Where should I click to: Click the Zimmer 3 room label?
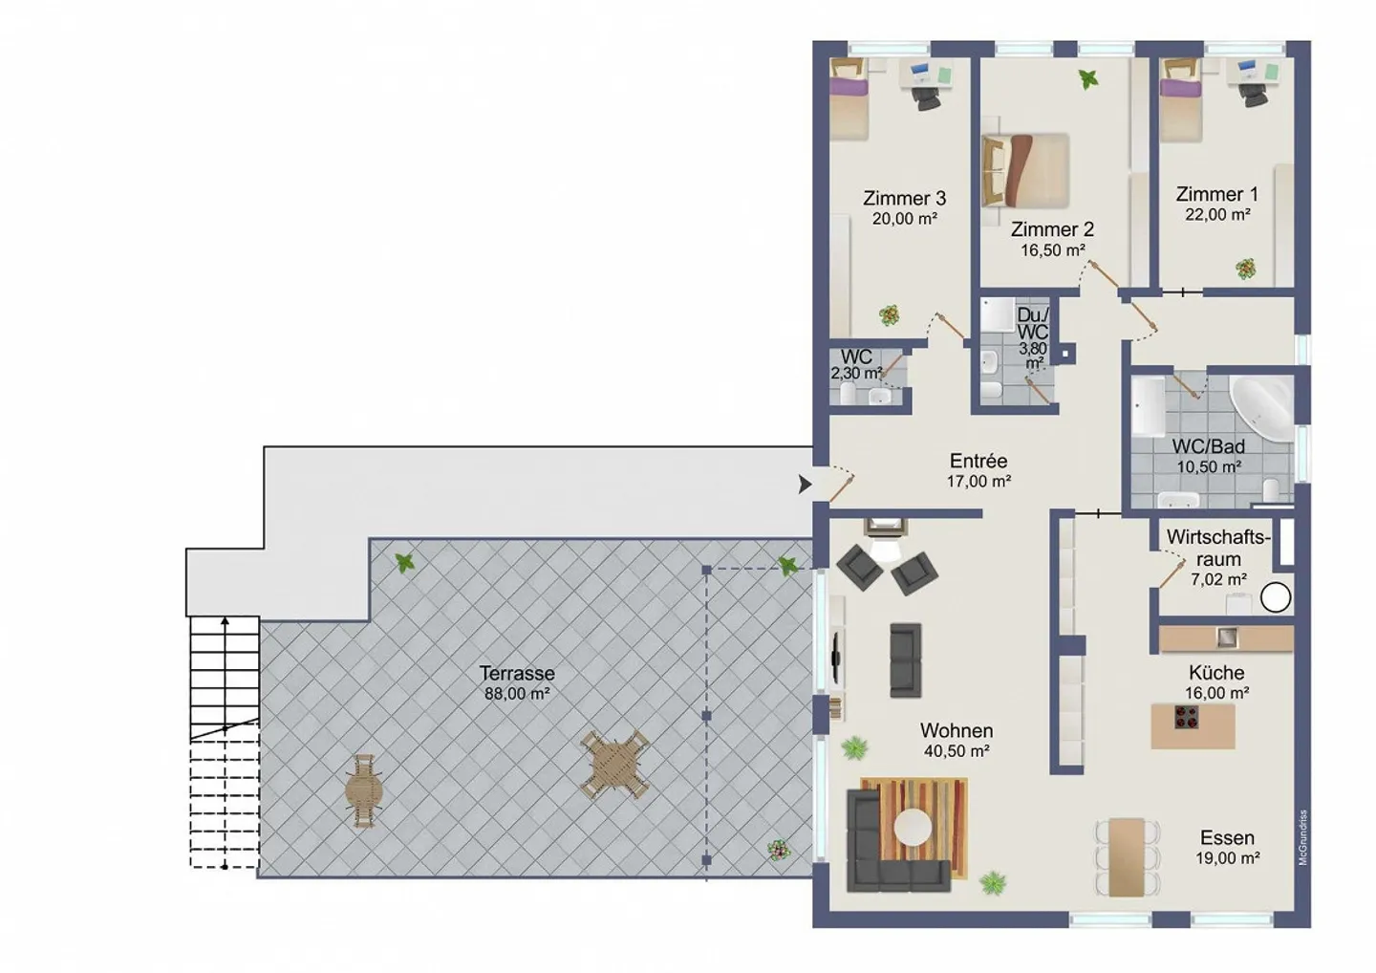904,198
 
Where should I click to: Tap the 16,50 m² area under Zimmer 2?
1052,250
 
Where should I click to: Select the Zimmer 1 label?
1216,194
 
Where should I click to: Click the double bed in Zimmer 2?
1026,169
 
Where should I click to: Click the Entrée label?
978,461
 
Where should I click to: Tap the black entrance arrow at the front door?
805,485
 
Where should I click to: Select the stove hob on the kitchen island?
1187,717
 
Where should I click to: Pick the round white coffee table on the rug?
912,827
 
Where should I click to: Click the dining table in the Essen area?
1127,856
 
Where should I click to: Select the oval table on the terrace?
364,790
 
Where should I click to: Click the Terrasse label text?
517,673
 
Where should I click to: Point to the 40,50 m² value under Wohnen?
956,751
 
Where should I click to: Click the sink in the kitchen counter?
1227,638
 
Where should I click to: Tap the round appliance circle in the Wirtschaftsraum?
1276,597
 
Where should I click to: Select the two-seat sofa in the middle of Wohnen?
905,659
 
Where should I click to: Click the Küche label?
1216,672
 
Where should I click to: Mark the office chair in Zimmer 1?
1255,94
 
